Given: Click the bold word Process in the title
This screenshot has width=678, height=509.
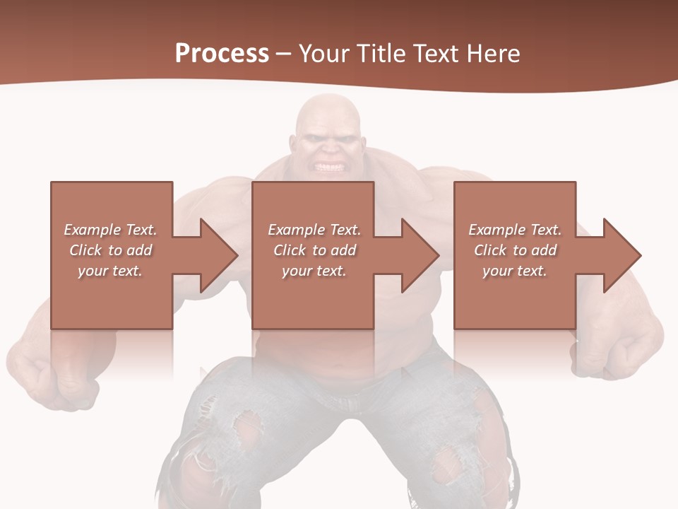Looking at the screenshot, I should (x=222, y=53).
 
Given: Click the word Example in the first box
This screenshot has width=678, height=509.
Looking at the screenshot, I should (x=93, y=230).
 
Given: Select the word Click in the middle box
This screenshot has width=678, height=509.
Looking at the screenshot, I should (x=290, y=250).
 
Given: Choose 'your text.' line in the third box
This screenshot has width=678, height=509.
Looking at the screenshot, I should (x=514, y=271).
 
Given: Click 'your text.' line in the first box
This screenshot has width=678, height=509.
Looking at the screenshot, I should (x=110, y=271).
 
